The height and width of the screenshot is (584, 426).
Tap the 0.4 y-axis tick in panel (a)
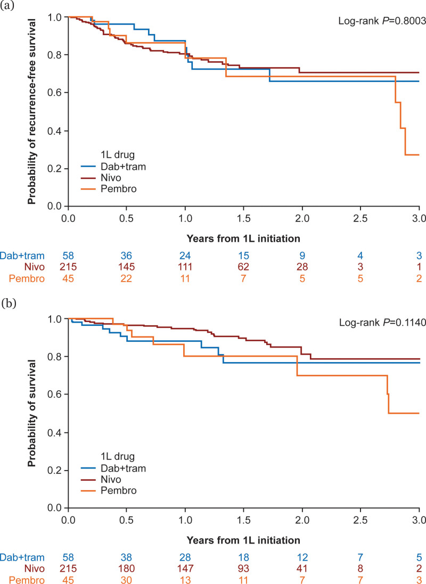[x=56, y=131]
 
